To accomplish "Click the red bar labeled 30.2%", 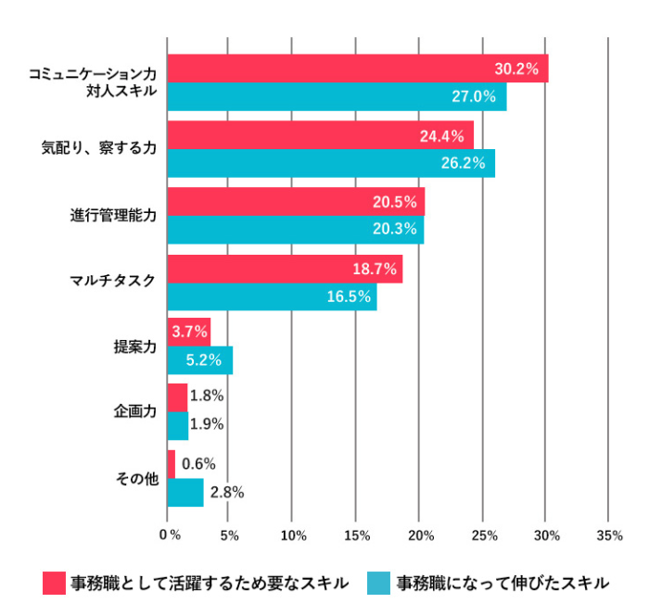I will pos(357,69).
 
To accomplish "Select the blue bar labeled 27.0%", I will pos(337,96).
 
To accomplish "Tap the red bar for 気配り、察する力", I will pos(320,135).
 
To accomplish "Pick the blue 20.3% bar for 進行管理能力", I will pos(295,230).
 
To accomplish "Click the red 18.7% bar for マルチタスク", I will pos(285,270).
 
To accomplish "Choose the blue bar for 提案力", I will pos(199,360).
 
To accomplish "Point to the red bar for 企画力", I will pos(177,396).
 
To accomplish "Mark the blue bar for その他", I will pos(185,492).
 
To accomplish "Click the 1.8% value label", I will pos(207,396).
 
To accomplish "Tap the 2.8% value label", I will pos(226,492).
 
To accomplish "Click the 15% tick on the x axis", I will pos(357,535).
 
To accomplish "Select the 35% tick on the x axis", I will pos(609,535).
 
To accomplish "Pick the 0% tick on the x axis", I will pos(170,535).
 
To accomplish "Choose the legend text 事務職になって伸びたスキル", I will pos(503,583).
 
